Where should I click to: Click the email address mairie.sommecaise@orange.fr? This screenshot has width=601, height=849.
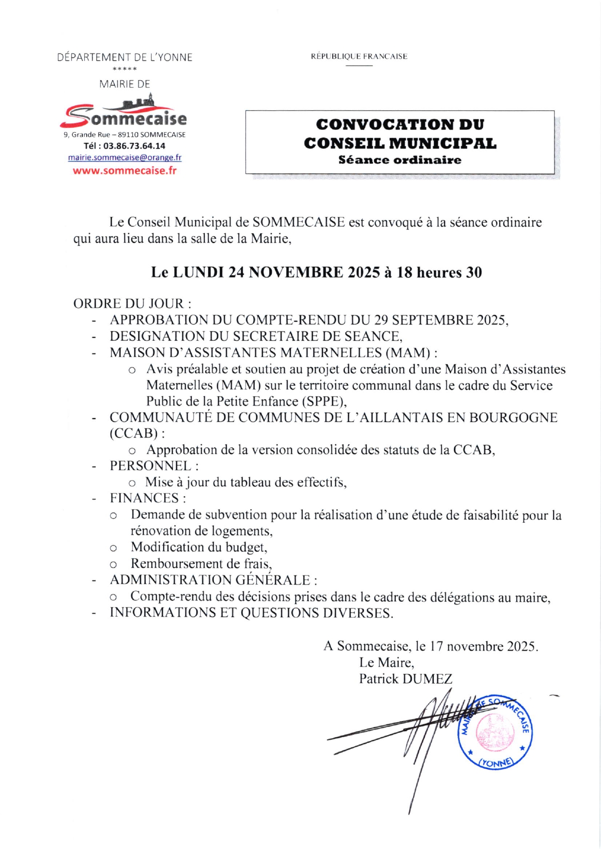124,158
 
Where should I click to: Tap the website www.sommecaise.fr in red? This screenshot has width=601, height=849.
124,171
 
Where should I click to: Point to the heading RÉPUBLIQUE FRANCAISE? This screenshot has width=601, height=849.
359,57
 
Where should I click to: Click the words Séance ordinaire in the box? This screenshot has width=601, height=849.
400,160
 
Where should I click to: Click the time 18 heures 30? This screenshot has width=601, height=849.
439,273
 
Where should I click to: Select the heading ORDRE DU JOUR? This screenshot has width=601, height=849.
132,304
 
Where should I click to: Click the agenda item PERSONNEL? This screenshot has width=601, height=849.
151,466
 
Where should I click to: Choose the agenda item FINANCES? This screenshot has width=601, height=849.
145,499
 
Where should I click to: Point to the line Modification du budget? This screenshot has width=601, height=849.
199,547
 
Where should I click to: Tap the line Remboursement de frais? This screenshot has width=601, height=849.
201,564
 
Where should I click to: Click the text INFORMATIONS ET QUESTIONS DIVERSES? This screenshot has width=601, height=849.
251,613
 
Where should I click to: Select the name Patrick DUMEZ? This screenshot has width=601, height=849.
405,679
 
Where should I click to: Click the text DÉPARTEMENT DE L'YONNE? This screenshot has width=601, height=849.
125,58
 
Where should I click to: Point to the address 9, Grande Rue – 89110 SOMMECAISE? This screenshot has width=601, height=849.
124,135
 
